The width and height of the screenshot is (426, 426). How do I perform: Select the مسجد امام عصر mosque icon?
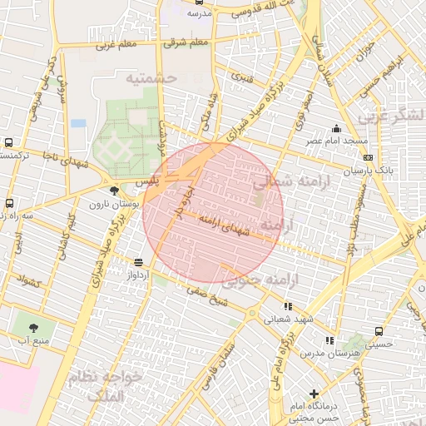pyautogui.click(x=336, y=128)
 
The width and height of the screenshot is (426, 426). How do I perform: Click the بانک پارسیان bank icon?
pyautogui.click(x=368, y=157)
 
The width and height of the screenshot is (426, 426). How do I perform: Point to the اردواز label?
pyautogui.click(x=137, y=275)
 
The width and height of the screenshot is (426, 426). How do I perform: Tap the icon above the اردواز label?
pyautogui.click(x=138, y=263)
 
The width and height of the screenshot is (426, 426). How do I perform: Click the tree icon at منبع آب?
pyautogui.click(x=33, y=328)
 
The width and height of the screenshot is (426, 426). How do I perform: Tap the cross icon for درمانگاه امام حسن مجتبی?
pyautogui.click(x=314, y=394)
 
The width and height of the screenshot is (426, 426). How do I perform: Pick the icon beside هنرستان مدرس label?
pyautogui.click(x=330, y=340)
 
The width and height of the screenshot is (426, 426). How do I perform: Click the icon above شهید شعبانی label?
pyautogui.click(x=288, y=306)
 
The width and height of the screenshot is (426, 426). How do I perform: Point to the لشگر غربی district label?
pyautogui.click(x=392, y=116)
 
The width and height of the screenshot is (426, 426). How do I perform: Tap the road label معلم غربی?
pyautogui.click(x=117, y=45)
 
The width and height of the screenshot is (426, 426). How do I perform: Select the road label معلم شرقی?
pyautogui.click(x=186, y=42)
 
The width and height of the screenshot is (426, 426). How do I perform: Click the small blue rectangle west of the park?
pyautogui.click(x=78, y=123)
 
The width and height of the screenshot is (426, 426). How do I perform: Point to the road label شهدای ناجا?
pyautogui.click(x=57, y=161)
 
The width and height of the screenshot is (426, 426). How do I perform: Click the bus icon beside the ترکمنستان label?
pyautogui.click(x=8, y=143)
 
